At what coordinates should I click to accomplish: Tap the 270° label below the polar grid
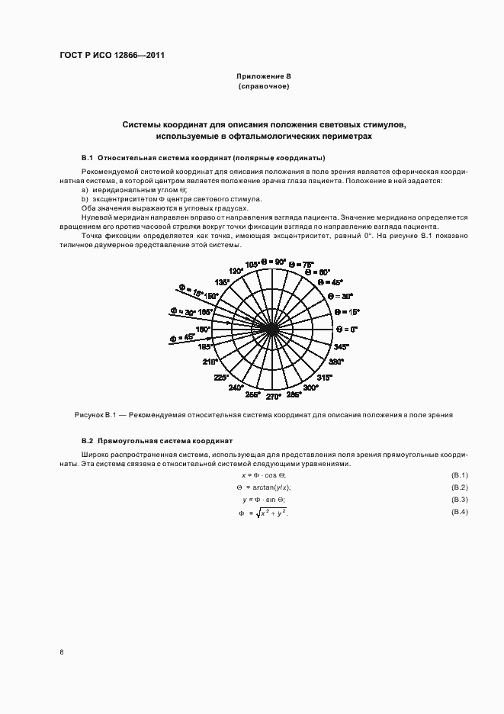click(x=272, y=396)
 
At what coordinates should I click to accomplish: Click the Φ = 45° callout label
click(x=183, y=336)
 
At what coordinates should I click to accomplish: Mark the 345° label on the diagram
click(x=339, y=346)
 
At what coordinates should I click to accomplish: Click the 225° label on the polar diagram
click(x=221, y=378)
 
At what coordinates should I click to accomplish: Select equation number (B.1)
click(x=459, y=475)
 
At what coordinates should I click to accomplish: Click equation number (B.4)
click(x=459, y=510)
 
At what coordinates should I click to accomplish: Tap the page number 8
click(x=61, y=652)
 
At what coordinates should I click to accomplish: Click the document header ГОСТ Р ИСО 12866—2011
click(x=112, y=55)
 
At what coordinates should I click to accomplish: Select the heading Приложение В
click(x=264, y=77)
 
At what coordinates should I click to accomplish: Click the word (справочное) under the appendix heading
click(x=264, y=87)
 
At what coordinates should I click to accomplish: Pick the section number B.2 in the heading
click(x=87, y=441)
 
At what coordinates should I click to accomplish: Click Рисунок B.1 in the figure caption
click(x=95, y=416)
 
